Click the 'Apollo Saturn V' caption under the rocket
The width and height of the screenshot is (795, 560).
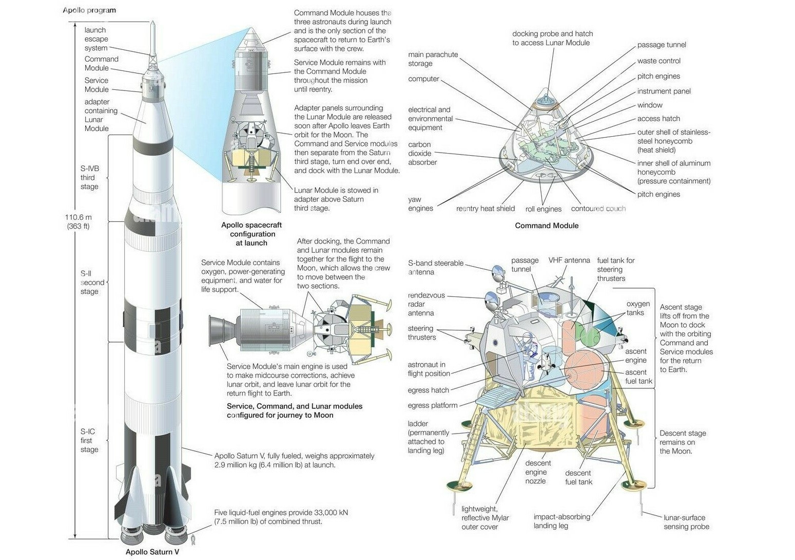click(x=152, y=552)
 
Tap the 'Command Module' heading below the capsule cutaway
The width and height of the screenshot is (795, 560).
click(x=547, y=226)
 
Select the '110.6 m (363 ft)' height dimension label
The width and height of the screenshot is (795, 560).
click(x=78, y=221)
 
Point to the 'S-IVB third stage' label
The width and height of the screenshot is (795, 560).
click(x=89, y=177)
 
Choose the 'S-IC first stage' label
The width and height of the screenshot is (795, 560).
click(x=89, y=440)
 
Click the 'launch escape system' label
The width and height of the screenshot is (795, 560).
click(x=96, y=39)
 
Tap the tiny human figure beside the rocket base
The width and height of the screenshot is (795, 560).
click(x=193, y=539)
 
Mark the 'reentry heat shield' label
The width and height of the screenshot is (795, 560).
click(x=485, y=209)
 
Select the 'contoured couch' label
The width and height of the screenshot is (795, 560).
click(x=598, y=209)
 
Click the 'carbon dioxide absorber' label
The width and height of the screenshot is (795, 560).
click(x=422, y=153)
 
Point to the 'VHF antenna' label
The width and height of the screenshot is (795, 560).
click(x=569, y=260)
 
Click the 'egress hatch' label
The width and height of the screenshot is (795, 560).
click(x=428, y=390)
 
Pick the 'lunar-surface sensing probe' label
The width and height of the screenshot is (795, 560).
click(x=686, y=522)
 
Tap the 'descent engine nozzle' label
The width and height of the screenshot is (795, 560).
click(x=537, y=472)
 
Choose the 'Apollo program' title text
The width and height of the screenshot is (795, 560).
click(x=89, y=10)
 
